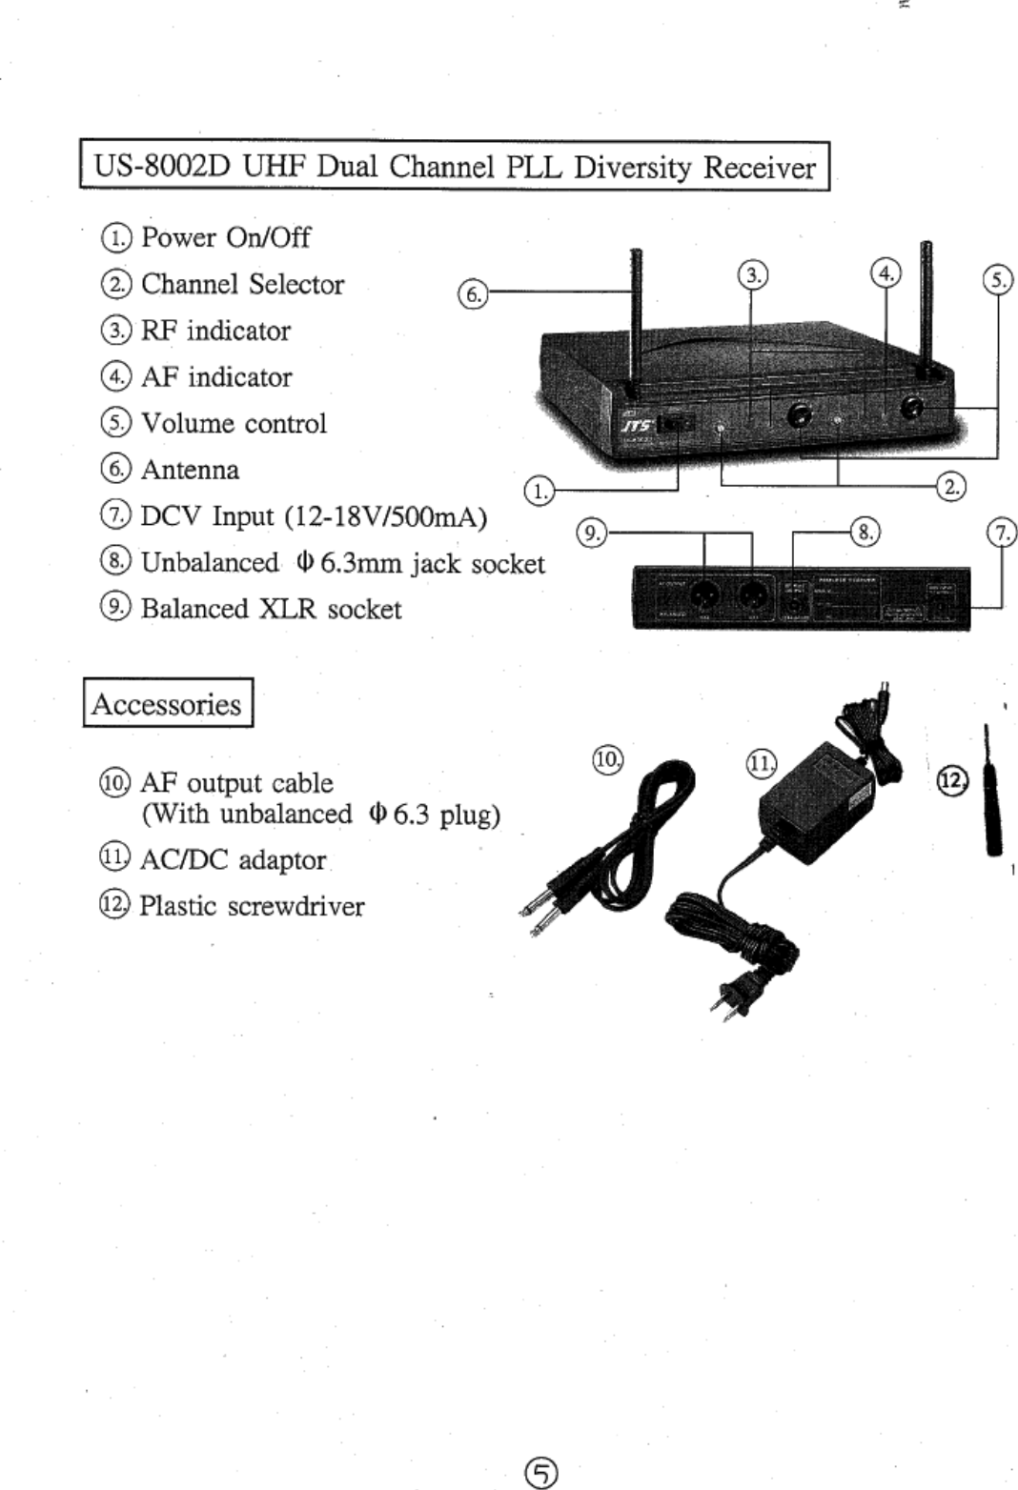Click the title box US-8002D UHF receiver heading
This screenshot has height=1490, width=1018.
click(x=455, y=167)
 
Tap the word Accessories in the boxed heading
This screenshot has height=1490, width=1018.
click(x=167, y=704)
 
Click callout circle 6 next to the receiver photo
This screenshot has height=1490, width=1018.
click(x=472, y=293)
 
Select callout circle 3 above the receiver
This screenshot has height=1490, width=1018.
click(x=753, y=275)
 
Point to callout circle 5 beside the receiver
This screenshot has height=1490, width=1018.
click(x=997, y=280)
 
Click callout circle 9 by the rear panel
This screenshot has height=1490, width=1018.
click(x=593, y=533)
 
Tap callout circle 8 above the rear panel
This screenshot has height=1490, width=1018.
click(x=865, y=532)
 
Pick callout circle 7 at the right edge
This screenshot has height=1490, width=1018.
click(x=1003, y=533)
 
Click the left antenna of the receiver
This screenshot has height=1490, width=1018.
click(x=634, y=314)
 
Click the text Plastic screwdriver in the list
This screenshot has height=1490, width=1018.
click(x=252, y=906)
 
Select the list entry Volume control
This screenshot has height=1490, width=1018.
click(x=234, y=423)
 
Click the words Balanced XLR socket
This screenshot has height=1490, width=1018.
click(x=272, y=609)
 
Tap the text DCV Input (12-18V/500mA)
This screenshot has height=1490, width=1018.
click(x=314, y=516)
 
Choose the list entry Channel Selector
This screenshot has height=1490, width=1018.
click(x=242, y=284)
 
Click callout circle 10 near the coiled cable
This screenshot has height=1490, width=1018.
click(x=607, y=759)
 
